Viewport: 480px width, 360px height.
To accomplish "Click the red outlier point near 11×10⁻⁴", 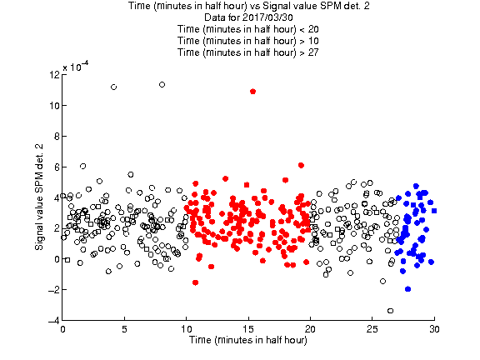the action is tap(252, 91).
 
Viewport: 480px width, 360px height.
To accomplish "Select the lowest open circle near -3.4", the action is tap(390, 311).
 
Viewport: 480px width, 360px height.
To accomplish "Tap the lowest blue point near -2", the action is tap(407, 289).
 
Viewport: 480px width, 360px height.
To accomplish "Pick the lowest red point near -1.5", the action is tap(195, 282).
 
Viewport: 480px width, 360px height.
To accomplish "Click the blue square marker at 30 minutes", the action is tap(434, 211).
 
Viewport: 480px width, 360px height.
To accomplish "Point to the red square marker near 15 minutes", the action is tap(247, 185).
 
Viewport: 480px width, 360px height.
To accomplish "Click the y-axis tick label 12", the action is tap(54, 74).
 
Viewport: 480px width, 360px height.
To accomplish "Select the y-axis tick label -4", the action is tap(53, 321).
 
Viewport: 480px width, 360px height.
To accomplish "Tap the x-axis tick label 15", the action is tap(248, 329).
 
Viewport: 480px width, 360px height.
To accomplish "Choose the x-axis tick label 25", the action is tap(372, 329).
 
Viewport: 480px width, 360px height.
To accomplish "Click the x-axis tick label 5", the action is tap(124, 329).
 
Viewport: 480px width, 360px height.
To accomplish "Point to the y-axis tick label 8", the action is tap(57, 136).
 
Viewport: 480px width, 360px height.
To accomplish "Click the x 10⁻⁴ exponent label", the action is tap(76, 66).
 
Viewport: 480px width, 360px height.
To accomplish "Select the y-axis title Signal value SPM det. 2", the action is tap(39, 197).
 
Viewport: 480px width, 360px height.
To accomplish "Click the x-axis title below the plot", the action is tap(248, 340).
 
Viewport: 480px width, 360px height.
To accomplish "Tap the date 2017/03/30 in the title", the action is tap(267, 17).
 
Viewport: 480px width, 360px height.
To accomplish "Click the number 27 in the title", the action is tap(313, 52).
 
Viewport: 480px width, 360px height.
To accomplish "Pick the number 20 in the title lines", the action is tap(313, 29).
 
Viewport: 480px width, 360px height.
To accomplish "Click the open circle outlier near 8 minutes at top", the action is tap(162, 84).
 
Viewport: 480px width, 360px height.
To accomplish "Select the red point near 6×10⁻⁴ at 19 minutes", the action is tap(301, 165).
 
